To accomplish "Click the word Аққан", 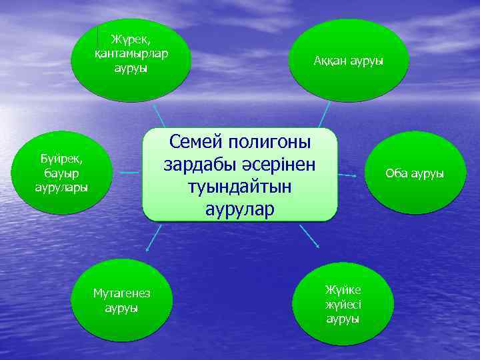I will (329, 61).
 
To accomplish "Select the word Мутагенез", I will (122, 295).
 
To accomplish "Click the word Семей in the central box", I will (198, 142).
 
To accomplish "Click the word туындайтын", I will (241, 187).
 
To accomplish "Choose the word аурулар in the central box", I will (240, 209).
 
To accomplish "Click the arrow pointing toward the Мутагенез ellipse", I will (153, 238).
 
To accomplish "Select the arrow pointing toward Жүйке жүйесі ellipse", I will (309, 236).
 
